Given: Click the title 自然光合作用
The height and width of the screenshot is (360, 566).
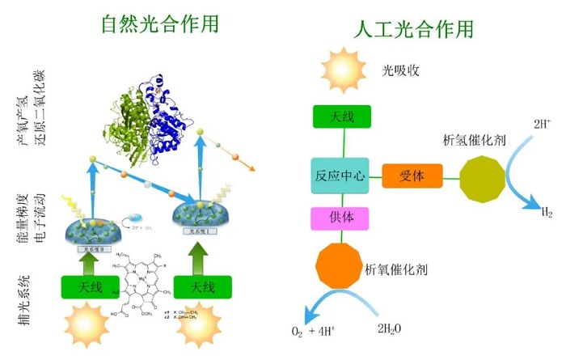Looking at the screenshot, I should pos(159,23).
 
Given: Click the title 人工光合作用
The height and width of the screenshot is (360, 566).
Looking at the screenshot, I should pos(413,30).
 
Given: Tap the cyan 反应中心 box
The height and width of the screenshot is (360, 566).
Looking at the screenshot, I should pos(340,174).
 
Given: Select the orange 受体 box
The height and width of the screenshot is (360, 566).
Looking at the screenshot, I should pos(412,174).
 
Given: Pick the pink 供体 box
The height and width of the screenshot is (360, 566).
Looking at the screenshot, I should pos(340,218).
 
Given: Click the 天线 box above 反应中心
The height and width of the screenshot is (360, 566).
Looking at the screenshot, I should pos(341,117).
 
